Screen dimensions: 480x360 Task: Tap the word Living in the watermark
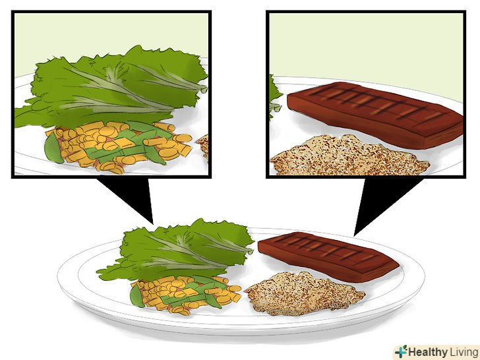click(464, 351)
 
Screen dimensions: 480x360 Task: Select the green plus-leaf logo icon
click(401, 351)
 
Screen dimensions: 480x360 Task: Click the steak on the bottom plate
click(328, 256)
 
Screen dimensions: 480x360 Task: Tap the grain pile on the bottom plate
click(305, 294)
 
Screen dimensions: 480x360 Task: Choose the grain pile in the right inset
click(349, 155)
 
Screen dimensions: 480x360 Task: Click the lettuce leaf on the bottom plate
click(176, 249)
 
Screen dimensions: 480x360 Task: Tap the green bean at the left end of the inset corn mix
click(53, 148)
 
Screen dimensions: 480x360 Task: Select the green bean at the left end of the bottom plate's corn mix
click(137, 295)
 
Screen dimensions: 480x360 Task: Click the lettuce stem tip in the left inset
click(204, 89)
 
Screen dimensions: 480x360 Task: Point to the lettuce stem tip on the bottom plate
click(250, 251)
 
